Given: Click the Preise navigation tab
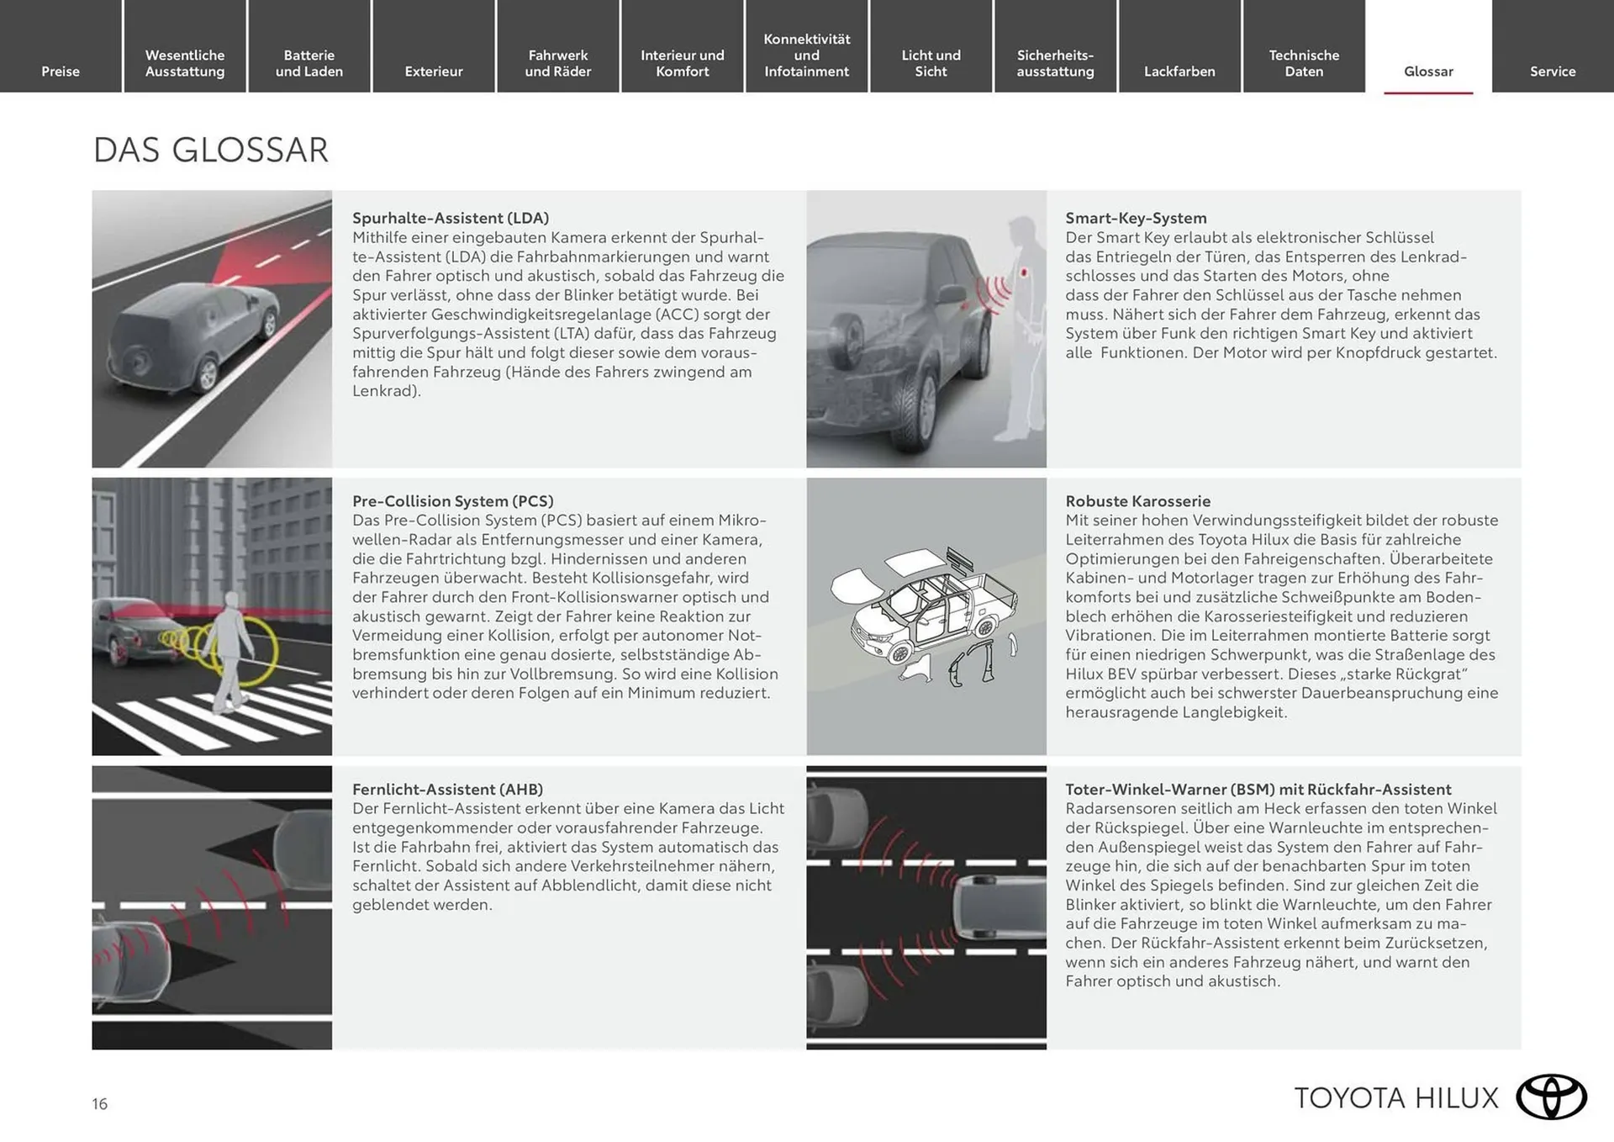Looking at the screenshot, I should pos(61,71).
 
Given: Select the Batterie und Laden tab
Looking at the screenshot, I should pos(309,63).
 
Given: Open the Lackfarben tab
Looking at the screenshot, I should pos(1179,71).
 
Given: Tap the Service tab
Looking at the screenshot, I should pos(1553,71).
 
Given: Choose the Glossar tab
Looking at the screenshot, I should pos(1428,71).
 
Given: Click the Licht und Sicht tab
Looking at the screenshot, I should pos(931,63).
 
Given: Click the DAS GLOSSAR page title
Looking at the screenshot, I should pos(210,151).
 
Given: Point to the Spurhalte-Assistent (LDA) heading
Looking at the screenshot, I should pos(451,218).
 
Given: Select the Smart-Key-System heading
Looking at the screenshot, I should pos(1136,218).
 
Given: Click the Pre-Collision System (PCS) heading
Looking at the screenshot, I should pos(452,501).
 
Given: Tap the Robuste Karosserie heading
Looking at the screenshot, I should pos(1137,501).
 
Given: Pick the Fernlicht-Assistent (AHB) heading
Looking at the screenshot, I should pos(447,790).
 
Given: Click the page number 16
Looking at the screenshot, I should pos(100,1104).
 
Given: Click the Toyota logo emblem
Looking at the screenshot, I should pos(1551,1097).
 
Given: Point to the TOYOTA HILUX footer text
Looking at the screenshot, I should pos(1396,1098).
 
